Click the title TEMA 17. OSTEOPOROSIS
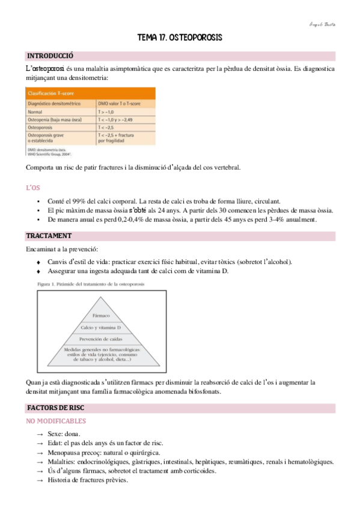pyautogui.click(x=180, y=38)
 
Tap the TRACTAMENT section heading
pyautogui.click(x=49, y=236)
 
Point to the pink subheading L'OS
pyautogui.click(x=33, y=188)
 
